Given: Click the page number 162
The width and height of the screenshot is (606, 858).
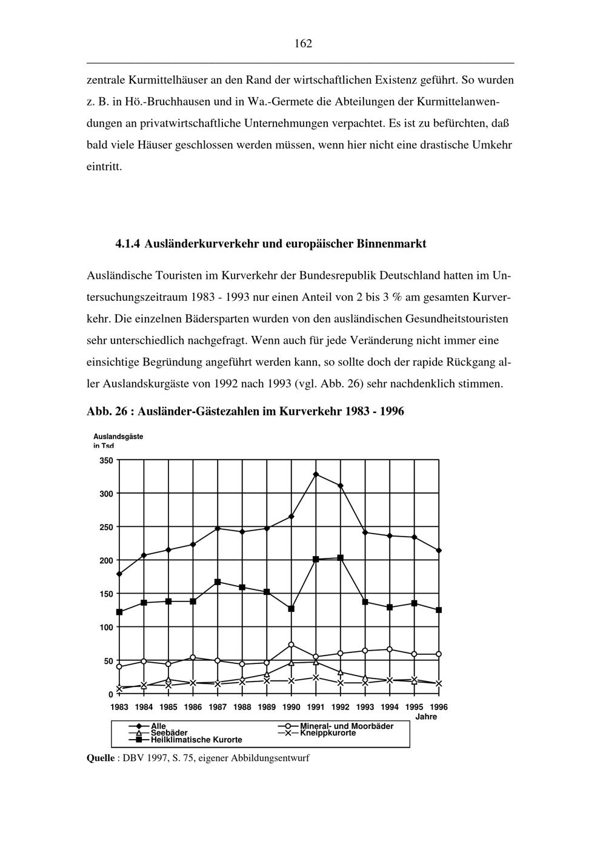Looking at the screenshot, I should (303, 44).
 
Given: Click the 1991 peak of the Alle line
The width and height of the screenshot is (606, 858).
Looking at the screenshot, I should (316, 474).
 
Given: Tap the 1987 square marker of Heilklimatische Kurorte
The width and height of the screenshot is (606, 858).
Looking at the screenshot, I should (218, 582).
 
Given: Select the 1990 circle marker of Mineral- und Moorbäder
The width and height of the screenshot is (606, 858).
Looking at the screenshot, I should (291, 645).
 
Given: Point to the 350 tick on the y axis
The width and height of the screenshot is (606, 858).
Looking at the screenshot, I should (106, 460).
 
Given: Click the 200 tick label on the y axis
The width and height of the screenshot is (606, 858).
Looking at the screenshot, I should (106, 560).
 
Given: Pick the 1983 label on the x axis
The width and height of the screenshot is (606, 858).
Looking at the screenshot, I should (119, 707).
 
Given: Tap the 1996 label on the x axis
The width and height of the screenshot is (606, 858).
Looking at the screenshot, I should (439, 707).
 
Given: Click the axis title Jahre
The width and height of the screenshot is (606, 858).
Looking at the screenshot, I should (426, 717).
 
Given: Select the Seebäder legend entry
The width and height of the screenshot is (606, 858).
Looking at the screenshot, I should (169, 732).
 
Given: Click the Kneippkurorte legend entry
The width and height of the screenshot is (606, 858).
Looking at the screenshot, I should (328, 732).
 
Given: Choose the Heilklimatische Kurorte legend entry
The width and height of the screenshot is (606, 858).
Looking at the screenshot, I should (196, 740).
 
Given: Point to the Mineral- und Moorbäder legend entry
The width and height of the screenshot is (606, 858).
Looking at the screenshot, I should (347, 726).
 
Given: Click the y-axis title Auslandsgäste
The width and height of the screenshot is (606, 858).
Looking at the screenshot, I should (118, 437).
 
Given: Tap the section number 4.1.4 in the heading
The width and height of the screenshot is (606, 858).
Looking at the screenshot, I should (128, 244).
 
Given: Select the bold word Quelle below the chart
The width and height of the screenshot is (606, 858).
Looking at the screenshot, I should (101, 758).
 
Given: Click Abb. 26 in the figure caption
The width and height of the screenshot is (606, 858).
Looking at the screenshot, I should (107, 411).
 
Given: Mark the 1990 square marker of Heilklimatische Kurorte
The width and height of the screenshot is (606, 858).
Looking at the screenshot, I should (291, 608).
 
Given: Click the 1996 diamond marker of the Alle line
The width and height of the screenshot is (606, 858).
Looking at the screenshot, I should (439, 551).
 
